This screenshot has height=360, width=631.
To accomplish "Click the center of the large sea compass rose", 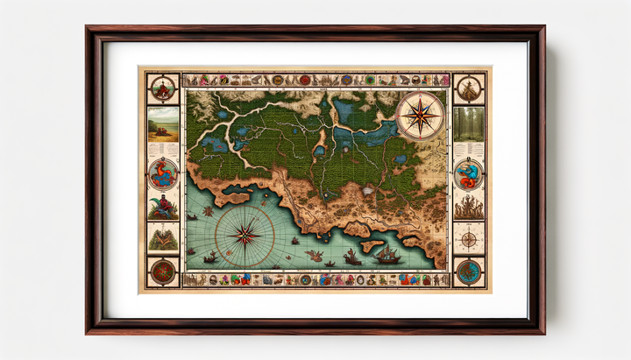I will (x=245, y=234).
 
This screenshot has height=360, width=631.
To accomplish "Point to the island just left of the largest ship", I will (x=370, y=244).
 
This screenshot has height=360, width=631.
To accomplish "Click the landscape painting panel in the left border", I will (x=163, y=124).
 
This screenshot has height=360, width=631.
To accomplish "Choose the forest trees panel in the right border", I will (x=468, y=124).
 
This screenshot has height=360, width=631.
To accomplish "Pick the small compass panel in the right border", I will (x=469, y=239).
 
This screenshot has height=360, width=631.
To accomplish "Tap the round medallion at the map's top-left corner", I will (x=163, y=88).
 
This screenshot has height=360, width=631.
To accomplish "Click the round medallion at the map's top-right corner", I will (x=469, y=88).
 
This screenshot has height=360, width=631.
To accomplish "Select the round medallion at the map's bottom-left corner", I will (x=163, y=272).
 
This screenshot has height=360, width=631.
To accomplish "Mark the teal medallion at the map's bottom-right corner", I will (x=469, y=272).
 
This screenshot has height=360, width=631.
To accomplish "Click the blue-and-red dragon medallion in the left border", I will (x=163, y=173).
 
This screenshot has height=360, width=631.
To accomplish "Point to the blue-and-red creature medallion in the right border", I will (x=468, y=173).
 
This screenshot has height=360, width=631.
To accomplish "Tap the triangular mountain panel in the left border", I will (x=163, y=236).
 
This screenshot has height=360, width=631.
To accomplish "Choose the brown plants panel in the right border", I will (x=468, y=207).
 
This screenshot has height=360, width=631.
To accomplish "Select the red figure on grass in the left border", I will (x=163, y=208).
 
